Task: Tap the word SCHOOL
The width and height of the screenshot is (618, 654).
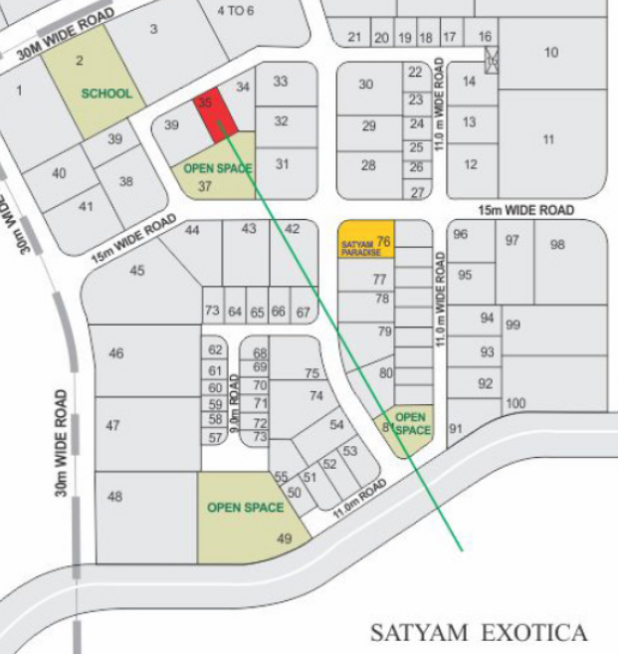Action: [106, 94]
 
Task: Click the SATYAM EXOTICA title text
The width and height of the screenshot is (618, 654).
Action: [479, 632]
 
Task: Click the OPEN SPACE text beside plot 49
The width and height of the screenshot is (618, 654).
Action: [240, 508]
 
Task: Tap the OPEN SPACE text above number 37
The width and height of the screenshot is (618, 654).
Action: [218, 168]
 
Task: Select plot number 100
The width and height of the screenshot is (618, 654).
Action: [515, 403]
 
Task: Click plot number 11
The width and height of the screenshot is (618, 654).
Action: [548, 139]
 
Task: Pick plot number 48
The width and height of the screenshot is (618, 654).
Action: [115, 497]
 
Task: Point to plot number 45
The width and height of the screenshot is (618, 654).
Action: [137, 271]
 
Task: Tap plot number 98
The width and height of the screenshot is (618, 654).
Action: [557, 244]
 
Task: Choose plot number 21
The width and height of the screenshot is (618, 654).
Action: [355, 38]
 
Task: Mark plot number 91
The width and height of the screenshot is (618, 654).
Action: [456, 429]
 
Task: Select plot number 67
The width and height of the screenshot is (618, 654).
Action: [304, 313]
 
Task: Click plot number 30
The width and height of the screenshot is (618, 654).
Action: [365, 85]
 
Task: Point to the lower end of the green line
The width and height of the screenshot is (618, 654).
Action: [462, 549]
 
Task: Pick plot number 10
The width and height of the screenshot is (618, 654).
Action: [551, 52]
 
